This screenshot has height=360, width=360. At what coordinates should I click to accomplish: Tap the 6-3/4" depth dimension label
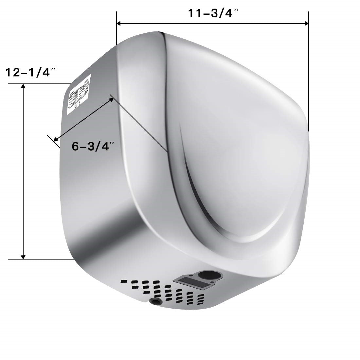pyautogui.click(x=93, y=146)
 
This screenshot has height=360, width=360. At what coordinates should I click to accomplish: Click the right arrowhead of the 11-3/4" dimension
pyautogui.click(x=306, y=23)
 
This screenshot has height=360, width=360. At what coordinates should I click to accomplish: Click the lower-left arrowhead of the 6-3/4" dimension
pyautogui.click(x=56, y=139)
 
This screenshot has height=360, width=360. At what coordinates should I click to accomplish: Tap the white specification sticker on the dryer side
pyautogui.click(x=79, y=94)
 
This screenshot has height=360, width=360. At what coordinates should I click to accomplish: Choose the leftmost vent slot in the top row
pyautogui.click(x=124, y=281)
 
